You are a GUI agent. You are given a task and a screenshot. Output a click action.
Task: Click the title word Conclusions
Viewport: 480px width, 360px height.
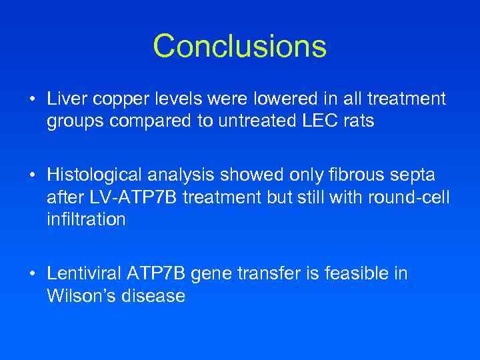coord(240,47)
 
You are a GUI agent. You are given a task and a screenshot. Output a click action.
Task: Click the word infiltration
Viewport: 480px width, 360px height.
coord(86,220)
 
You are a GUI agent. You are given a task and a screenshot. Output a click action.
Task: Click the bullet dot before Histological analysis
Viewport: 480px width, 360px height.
coord(32,176)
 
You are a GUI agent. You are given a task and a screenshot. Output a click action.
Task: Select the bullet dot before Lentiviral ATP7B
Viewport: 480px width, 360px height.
coord(32,274)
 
